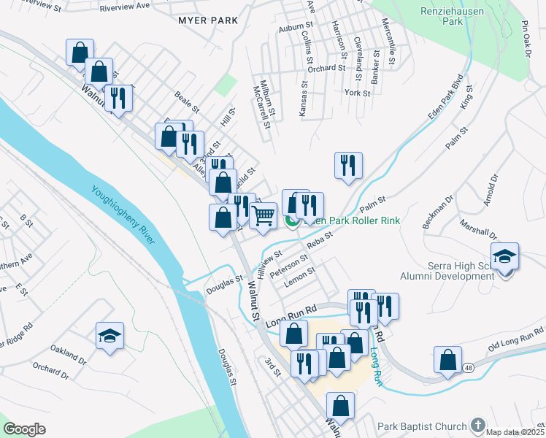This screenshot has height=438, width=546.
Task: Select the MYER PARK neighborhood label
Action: [208, 20]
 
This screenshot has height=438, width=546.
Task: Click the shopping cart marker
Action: [263, 215]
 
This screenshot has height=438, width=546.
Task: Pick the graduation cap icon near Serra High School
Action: [504, 256]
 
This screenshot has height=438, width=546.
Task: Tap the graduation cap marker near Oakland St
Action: [109, 336]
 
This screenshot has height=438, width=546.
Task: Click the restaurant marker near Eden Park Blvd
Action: [348, 165]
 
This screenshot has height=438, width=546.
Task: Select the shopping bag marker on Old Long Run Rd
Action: [447, 360]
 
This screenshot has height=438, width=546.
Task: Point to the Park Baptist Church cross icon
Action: [477, 425]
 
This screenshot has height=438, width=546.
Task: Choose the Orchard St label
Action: [326, 69]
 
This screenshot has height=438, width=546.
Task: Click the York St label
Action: [358, 93]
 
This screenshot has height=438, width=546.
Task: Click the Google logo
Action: [25, 429]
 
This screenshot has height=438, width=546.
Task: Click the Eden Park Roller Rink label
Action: [350, 220]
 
